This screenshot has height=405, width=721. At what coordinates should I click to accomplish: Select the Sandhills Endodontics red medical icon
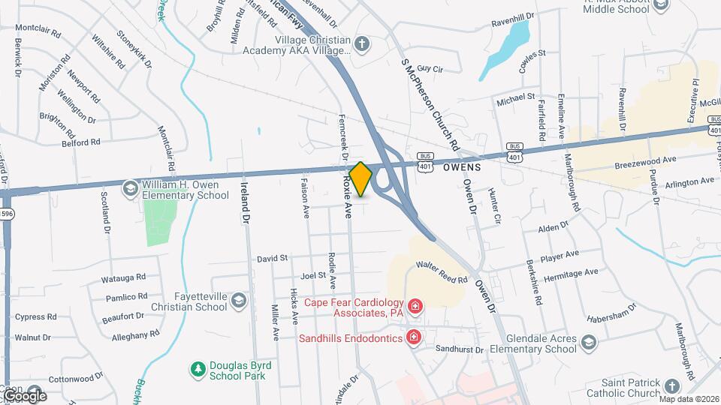(412, 338)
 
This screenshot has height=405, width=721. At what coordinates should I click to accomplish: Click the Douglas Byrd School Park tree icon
(198, 369)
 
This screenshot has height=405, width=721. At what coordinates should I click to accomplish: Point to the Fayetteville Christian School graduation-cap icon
(239, 301)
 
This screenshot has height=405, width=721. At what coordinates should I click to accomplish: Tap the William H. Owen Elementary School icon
(131, 187)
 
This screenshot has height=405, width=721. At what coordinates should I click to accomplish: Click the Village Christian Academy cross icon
(362, 44)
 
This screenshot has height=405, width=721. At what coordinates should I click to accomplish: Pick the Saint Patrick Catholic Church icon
(671, 386)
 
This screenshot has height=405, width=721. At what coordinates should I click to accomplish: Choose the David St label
(272, 258)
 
